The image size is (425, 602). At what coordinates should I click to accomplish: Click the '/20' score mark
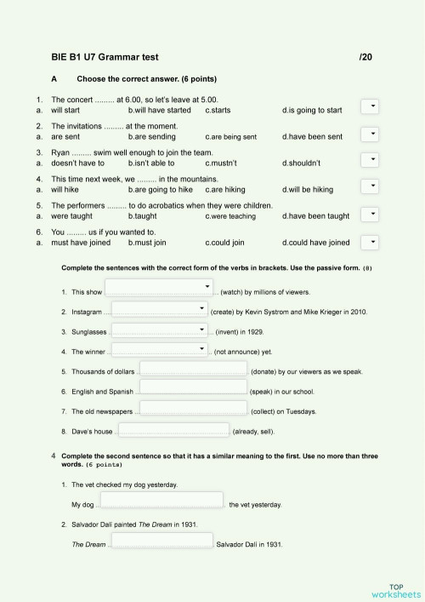365,57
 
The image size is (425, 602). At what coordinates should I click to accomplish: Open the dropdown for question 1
371,106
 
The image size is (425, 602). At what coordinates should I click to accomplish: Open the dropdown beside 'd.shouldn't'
371,160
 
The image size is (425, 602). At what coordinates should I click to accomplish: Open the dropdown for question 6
371,242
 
